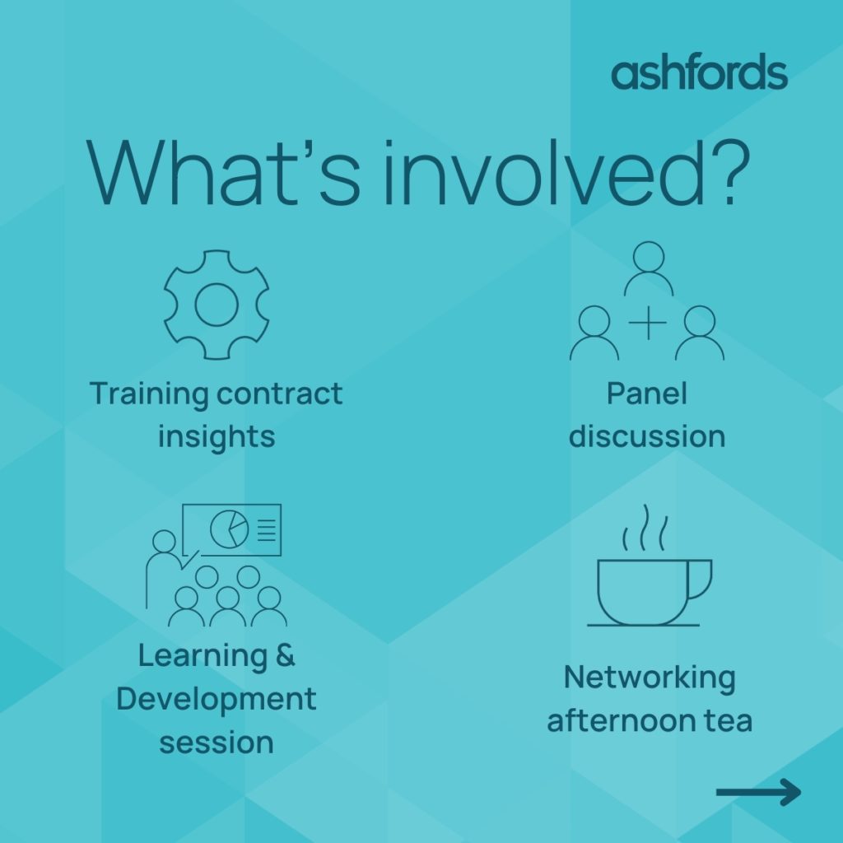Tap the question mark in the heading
(729, 172)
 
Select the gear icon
(217, 305)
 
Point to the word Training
(149, 394)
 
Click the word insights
(217, 436)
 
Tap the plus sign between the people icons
(648, 323)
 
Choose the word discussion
(647, 436)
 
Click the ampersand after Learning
(286, 656)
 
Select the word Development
(217, 700)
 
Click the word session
(217, 743)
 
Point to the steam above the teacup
(645, 528)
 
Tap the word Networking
(650, 678)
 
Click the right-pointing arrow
(758, 792)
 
